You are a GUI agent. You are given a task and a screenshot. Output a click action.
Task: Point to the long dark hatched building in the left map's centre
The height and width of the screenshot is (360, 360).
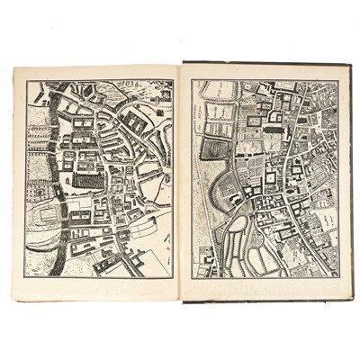coord(88,179)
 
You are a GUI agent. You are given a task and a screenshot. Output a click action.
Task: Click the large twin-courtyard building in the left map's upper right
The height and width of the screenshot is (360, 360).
coord(135,121)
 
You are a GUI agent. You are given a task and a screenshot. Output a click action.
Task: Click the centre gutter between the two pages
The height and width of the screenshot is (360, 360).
coord(182,180)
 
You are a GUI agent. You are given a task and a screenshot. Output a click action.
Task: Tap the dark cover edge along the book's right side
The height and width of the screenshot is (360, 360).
coord(348,180)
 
